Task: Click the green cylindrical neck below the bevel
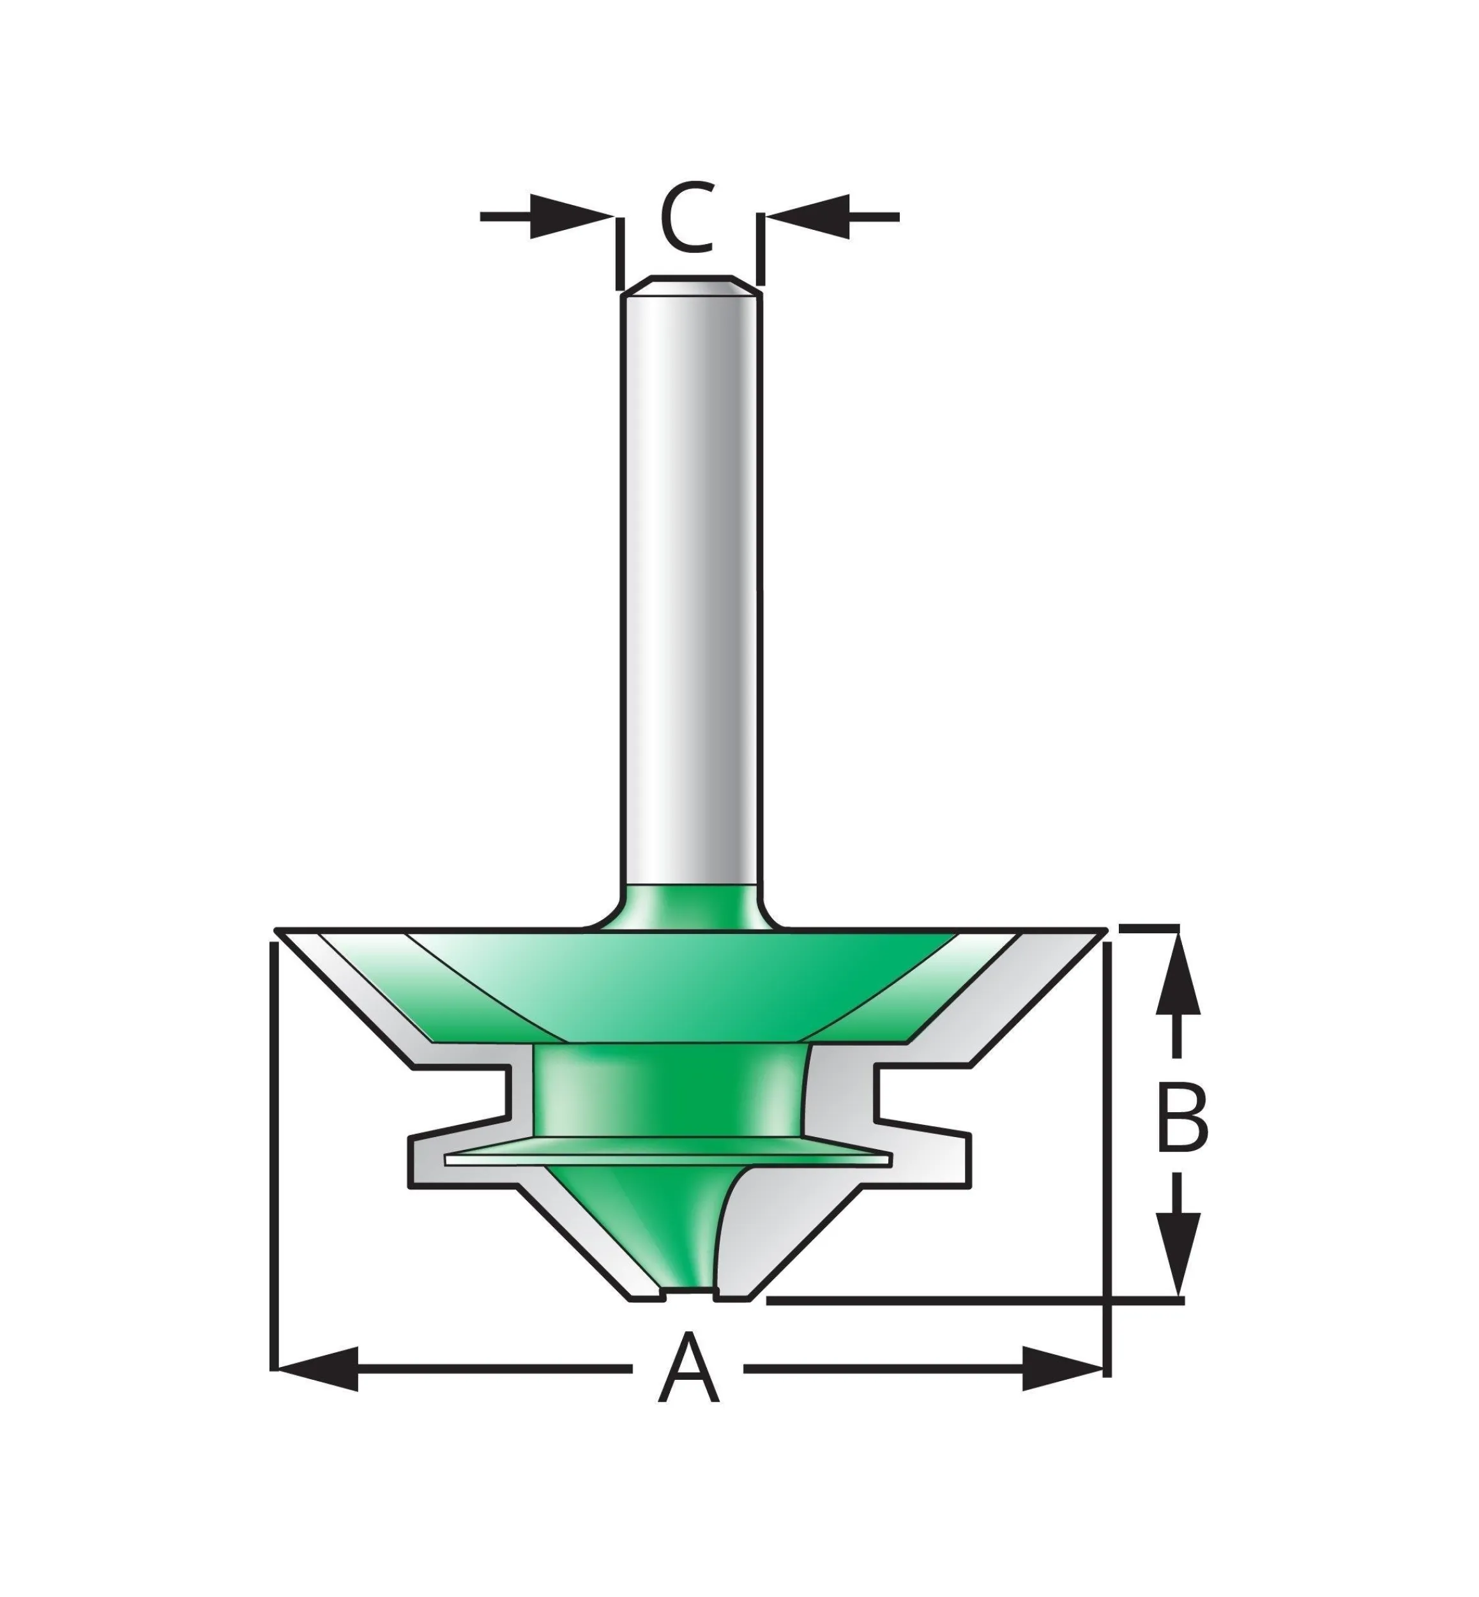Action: (667, 1093)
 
